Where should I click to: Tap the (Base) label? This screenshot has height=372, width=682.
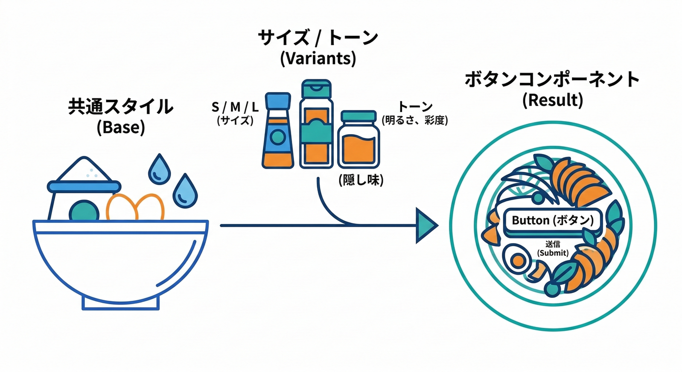coord(121,128)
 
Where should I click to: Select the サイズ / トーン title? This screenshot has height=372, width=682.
coord(317,37)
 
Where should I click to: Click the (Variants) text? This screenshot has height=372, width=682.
coord(318,59)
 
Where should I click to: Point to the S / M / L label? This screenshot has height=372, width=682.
coord(235,106)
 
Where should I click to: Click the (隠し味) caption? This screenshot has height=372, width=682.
coord(361,181)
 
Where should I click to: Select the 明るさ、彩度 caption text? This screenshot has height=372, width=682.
coord(414,120)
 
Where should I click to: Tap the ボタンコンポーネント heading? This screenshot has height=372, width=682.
coord(552,79)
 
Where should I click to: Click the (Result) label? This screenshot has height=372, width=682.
coord(552,101)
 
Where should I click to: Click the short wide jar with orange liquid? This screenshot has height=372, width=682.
coord(358,140)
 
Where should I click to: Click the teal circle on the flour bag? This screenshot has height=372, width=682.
coord(84,212)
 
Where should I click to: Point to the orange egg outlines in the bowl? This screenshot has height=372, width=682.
coord(136,207)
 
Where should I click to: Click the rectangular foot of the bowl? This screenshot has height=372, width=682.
coord(121,302)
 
